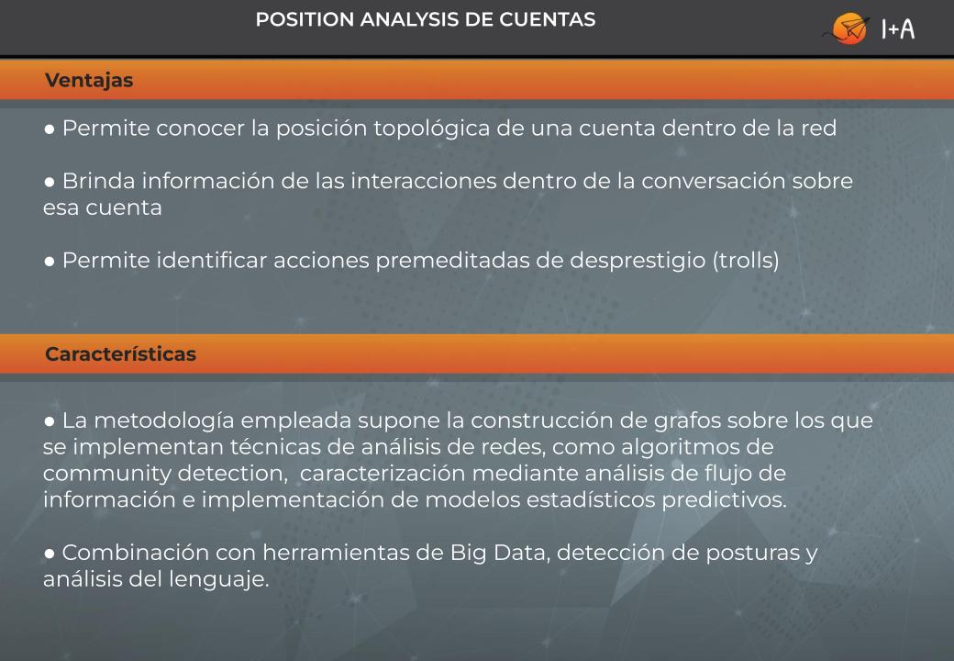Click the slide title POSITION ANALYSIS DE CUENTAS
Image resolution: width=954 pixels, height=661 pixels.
[x=426, y=19]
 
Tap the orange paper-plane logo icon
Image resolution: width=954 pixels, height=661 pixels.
[x=848, y=28]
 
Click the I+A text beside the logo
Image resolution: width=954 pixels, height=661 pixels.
[x=898, y=28]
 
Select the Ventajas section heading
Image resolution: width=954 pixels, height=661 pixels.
[x=89, y=81]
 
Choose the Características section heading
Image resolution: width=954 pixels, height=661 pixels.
[x=120, y=353]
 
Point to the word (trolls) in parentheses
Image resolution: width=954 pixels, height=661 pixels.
[x=746, y=261]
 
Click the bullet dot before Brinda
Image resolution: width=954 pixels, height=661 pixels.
[x=50, y=182]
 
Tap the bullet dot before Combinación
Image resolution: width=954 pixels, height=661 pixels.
[x=50, y=554]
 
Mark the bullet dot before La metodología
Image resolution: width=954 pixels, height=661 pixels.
[x=50, y=421]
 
